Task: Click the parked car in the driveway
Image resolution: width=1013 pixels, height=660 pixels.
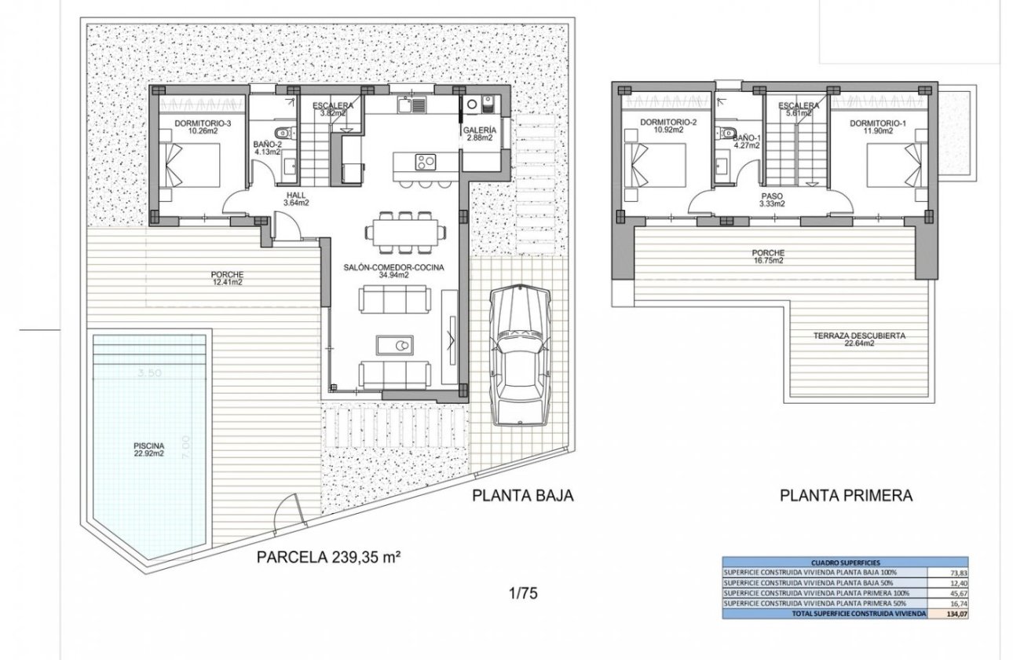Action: [x=520, y=356]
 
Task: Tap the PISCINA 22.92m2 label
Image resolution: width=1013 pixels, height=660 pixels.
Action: [x=148, y=449]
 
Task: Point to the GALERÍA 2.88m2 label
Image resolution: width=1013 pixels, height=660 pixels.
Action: [x=480, y=134]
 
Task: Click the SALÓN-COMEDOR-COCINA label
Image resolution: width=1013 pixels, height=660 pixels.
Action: [x=394, y=271]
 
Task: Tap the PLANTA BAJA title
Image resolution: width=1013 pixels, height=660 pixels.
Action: [x=523, y=495]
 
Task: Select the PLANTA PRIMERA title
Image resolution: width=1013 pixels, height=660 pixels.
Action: [x=846, y=496]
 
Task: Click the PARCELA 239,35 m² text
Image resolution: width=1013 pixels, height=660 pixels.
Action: [x=330, y=558]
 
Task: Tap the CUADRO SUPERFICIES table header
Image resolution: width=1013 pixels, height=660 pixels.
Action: [x=826, y=563]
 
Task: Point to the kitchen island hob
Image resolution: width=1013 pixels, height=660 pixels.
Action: [x=425, y=162]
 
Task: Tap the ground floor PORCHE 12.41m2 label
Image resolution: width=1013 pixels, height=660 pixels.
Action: [x=226, y=278]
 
